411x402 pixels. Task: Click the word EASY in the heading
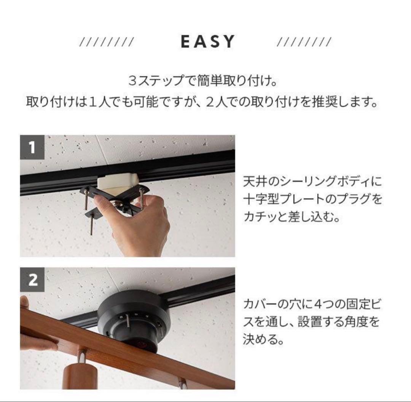click(x=208, y=41)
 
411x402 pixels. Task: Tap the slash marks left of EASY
click(x=107, y=42)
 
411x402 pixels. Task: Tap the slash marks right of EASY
click(x=304, y=42)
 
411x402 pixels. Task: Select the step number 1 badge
click(x=32, y=147)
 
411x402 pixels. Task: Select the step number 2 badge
click(x=32, y=280)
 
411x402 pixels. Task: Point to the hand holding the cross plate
click(x=136, y=220)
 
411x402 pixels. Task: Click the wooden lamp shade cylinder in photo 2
click(x=80, y=375)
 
